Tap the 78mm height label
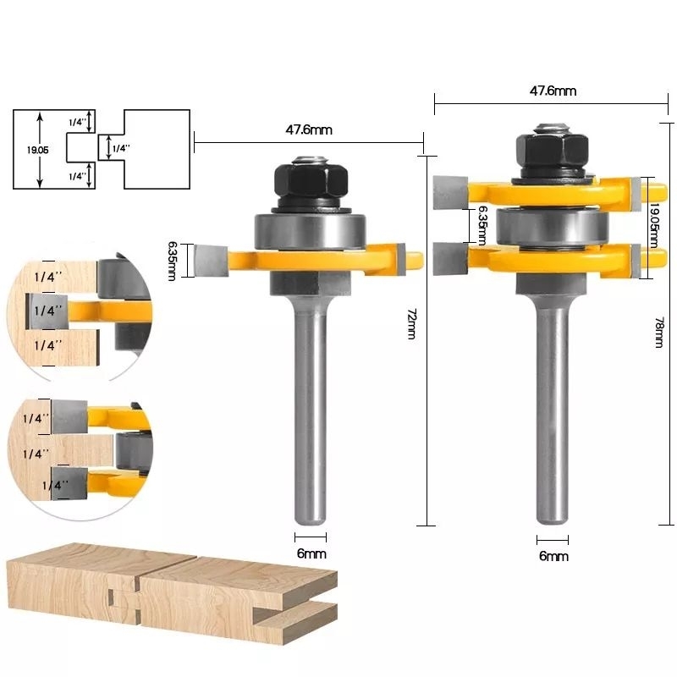pos(660,331)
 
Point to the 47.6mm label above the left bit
pos(308,130)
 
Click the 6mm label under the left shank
pos(311,553)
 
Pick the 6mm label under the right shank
pos(553,556)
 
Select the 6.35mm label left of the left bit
pos(173,261)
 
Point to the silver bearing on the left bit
pos(309,230)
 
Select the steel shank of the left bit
pos(309,406)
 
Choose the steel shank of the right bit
pos(551,406)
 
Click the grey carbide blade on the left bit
pos(209,261)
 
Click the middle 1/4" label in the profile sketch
pos(121,148)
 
